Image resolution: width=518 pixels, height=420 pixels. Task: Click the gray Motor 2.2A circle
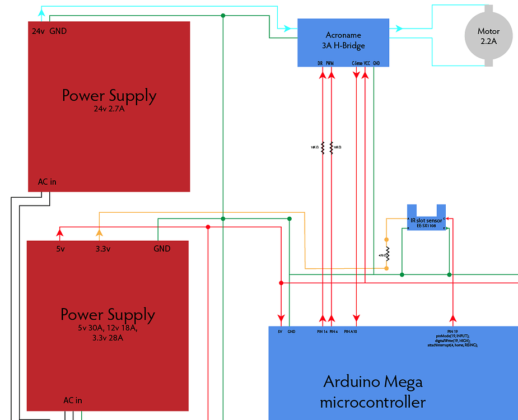click(x=488, y=35)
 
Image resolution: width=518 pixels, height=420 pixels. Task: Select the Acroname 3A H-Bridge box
click(x=343, y=42)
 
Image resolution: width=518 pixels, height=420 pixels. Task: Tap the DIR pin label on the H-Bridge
click(x=319, y=63)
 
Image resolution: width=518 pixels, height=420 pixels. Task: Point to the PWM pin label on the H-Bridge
click(x=330, y=63)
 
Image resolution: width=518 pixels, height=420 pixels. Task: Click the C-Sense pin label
click(x=357, y=63)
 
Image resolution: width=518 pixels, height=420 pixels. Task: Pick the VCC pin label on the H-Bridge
click(x=367, y=63)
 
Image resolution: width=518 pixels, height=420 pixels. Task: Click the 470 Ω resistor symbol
click(x=386, y=255)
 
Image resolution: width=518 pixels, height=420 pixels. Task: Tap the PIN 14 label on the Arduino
click(x=321, y=332)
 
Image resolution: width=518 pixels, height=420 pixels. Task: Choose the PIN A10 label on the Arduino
click(x=351, y=332)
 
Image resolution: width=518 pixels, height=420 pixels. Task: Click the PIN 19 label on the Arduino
click(x=453, y=332)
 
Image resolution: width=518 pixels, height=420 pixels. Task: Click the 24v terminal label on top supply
click(x=38, y=31)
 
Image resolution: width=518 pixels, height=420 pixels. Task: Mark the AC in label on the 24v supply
click(x=47, y=181)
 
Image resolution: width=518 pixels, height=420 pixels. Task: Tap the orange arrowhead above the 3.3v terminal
click(x=99, y=232)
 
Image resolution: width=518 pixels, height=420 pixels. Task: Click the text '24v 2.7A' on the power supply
click(x=109, y=109)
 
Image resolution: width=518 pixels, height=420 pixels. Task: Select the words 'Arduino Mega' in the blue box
click(x=373, y=382)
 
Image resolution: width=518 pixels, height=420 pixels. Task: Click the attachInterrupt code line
click(x=452, y=346)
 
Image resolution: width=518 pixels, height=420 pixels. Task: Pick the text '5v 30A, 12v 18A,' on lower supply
click(x=108, y=328)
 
